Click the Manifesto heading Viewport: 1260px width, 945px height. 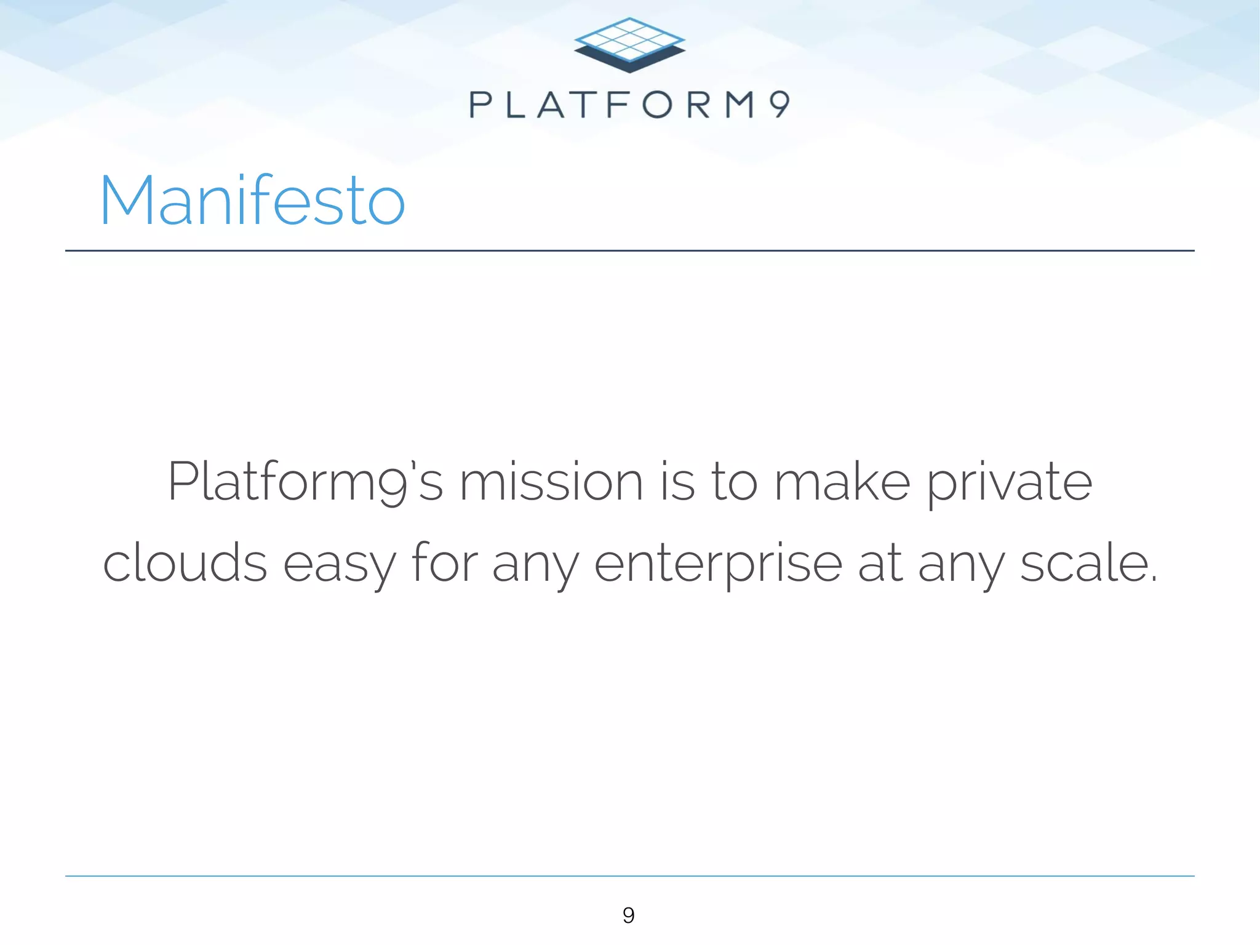click(252, 200)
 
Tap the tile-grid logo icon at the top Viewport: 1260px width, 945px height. click(629, 44)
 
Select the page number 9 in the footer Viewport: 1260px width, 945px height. click(628, 915)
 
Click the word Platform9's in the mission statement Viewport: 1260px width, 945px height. click(305, 483)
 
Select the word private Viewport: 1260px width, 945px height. click(1010, 483)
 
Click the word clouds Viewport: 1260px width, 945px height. click(185, 563)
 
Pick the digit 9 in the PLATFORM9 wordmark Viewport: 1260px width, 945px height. click(779, 105)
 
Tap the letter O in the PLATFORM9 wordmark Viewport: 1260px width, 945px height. click(658, 105)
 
